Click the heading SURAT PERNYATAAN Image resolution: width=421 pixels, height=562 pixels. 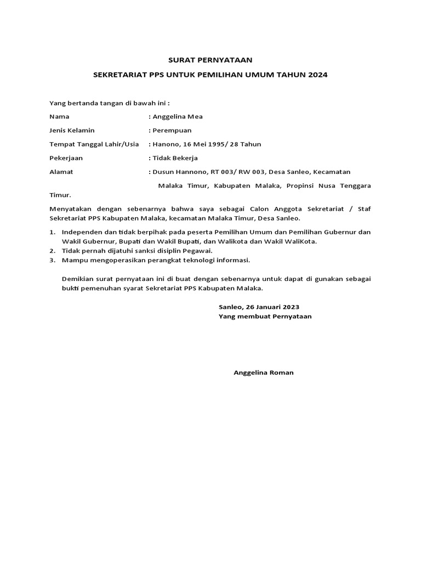coord(210,60)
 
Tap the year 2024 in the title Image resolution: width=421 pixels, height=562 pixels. coord(317,75)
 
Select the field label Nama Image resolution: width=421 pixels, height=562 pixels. coord(59,116)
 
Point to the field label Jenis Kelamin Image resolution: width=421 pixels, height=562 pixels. coord(72,130)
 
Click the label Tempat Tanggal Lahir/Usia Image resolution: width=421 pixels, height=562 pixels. coord(94,144)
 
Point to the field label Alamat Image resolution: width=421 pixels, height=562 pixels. coord(61,172)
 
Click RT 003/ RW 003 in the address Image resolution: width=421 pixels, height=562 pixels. coord(229,172)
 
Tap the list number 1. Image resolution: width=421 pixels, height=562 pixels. coord(52,232)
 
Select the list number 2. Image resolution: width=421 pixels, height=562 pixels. coord(52,251)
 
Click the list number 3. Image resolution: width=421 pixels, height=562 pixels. coord(52,260)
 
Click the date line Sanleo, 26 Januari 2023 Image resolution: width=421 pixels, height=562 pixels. coord(259,307)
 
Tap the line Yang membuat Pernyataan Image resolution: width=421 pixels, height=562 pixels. coord(265,317)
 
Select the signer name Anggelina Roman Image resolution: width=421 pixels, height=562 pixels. coord(264,373)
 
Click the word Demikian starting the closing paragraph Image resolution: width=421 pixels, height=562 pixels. coord(77,279)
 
